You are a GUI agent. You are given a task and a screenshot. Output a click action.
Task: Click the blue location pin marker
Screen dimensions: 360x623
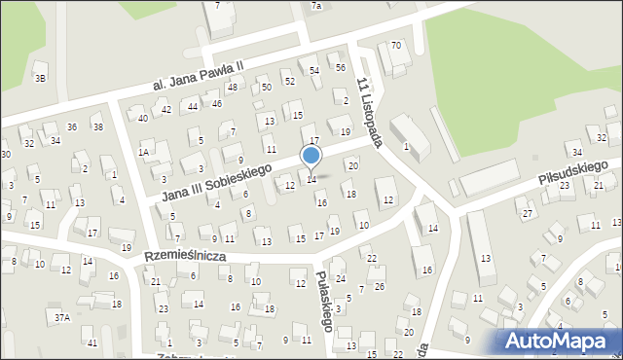311,156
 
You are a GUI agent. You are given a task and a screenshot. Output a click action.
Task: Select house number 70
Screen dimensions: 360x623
396,46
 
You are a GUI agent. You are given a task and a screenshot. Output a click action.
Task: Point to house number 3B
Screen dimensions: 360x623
40,78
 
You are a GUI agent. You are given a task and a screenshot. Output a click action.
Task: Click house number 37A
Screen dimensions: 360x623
62,318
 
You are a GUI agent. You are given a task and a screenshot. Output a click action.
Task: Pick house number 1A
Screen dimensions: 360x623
143,152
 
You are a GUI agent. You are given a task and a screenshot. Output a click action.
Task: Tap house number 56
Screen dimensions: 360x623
341,67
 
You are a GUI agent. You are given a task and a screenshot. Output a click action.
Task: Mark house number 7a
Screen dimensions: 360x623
316,6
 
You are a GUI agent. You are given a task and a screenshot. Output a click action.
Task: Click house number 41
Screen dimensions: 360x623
92,343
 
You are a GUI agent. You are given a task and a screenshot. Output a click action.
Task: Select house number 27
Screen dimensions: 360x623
527,213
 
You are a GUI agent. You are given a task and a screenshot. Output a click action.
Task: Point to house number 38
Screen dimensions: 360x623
97,127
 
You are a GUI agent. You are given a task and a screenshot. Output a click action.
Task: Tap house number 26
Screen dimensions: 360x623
380,286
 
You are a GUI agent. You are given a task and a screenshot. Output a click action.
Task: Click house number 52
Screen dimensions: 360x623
290,80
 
